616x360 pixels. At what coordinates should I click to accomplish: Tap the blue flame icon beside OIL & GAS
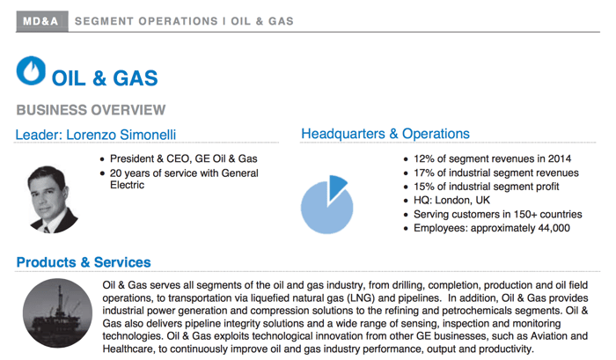tap(31, 70)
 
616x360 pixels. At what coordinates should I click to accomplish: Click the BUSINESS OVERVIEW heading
tap(91, 110)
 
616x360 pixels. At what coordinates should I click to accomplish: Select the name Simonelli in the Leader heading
tap(148, 135)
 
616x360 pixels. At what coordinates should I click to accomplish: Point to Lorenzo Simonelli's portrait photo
tap(52, 200)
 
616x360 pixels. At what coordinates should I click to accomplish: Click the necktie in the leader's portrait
tap(47, 230)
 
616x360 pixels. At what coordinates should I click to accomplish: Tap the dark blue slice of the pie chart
tap(337, 187)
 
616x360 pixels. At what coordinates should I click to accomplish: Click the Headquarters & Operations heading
tap(385, 134)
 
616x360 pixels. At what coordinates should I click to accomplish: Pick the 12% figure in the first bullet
tap(424, 158)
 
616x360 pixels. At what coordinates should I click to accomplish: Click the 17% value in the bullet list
tap(424, 173)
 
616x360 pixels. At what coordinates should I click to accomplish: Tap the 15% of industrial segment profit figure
tap(424, 187)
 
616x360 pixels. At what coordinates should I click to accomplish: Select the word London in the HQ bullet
tap(453, 201)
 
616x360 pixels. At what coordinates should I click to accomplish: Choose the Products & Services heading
tap(84, 262)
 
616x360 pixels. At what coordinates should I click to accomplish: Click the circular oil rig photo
tap(57, 313)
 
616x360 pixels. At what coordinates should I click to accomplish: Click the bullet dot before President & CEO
tap(102, 159)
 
